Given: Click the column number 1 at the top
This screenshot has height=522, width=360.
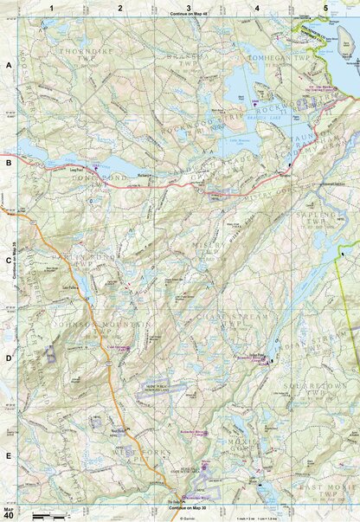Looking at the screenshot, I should pos(51,7).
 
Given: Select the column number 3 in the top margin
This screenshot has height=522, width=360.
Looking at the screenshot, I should pos(188,7).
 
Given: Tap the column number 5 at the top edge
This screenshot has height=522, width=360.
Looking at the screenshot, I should pos(325,7).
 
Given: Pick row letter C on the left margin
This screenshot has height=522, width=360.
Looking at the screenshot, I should pos(9,259).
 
